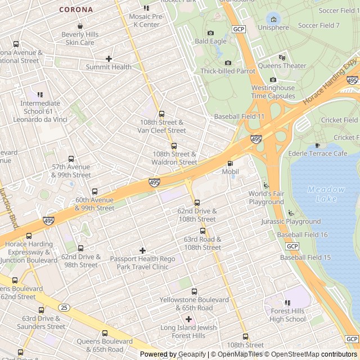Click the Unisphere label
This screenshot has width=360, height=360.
tap(273, 28)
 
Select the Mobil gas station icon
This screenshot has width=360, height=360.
tap(229, 163)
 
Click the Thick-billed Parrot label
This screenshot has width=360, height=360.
tap(228, 71)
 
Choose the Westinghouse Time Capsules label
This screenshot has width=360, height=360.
tap(273, 92)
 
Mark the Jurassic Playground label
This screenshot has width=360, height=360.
tap(291, 222)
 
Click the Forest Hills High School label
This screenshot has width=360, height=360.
tap(287, 315)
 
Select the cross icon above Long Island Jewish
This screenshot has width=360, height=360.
tap(188, 319)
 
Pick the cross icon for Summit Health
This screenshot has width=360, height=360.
tap(109, 58)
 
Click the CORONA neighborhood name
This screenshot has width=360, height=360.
tap(76, 10)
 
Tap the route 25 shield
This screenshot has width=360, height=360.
tap(64, 308)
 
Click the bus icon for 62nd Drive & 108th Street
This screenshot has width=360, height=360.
tap(196, 202)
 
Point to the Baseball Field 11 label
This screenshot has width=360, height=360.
tap(239, 116)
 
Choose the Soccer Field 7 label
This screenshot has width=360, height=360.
tap(318, 25)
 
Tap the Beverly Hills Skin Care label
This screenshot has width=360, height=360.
tap(80, 38)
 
